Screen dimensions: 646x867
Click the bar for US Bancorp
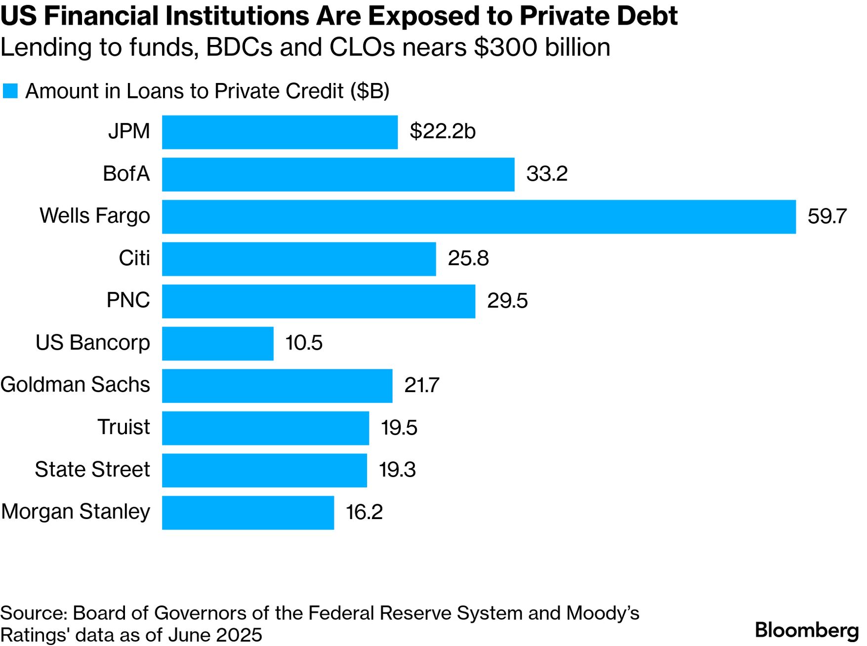[x=217, y=343]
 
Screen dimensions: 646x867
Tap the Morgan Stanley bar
[x=248, y=512]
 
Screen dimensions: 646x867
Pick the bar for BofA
[x=338, y=174]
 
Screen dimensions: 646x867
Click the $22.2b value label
[x=442, y=131]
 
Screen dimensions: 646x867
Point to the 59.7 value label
[x=826, y=216]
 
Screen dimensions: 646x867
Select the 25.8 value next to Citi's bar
[x=468, y=258]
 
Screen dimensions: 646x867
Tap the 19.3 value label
[x=397, y=470]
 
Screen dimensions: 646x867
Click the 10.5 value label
[x=303, y=343]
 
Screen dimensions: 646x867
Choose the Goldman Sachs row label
[x=75, y=385]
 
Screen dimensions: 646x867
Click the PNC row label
[x=128, y=300]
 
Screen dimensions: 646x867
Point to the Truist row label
[x=123, y=427]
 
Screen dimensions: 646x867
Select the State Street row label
[x=92, y=470]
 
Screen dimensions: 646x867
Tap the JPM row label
[x=129, y=131]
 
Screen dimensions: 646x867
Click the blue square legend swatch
[x=10, y=91]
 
